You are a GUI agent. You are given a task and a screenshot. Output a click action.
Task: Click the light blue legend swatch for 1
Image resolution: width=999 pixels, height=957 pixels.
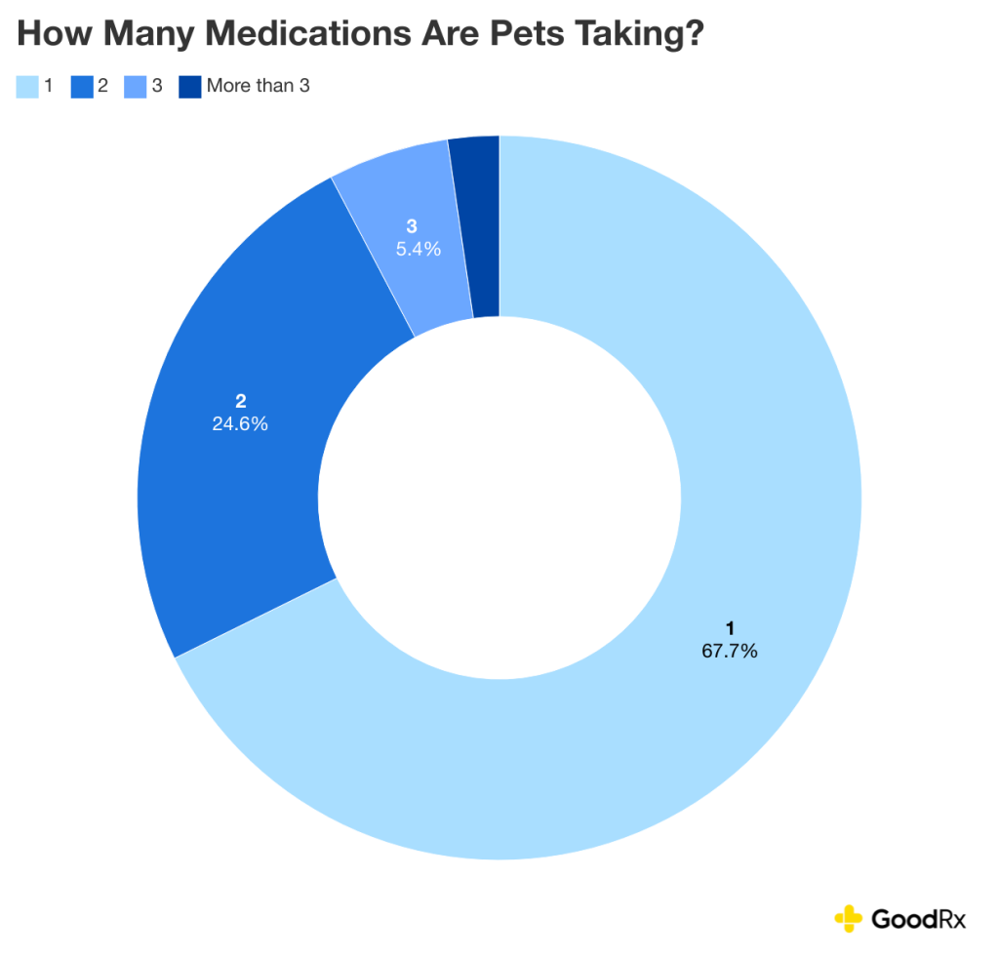[x=27, y=86]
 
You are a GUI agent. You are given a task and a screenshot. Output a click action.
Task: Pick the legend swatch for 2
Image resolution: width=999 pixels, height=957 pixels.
[x=82, y=86]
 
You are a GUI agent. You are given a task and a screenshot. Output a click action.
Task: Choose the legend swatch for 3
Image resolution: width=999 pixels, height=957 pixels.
[x=136, y=86]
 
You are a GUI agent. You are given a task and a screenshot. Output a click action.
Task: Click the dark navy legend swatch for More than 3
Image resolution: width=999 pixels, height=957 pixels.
[x=190, y=86]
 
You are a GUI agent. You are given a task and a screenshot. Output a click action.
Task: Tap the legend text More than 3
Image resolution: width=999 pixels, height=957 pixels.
[x=258, y=86]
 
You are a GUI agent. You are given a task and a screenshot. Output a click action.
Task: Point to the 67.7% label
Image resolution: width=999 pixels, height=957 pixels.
[x=729, y=651]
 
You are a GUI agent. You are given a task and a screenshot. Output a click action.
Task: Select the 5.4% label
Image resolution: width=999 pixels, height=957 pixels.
[x=418, y=249]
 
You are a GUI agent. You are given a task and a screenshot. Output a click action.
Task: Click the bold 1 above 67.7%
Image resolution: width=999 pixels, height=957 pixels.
[x=729, y=628]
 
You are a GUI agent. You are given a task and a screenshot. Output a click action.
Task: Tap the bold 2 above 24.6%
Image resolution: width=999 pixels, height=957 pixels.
[x=240, y=401]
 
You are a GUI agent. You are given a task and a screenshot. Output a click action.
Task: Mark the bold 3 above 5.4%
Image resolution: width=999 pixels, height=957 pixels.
[x=412, y=226]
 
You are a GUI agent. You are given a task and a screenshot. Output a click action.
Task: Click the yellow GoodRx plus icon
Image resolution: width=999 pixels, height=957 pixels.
[x=848, y=918]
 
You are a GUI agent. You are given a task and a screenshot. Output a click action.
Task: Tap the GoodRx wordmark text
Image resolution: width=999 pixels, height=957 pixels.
[x=917, y=918]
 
